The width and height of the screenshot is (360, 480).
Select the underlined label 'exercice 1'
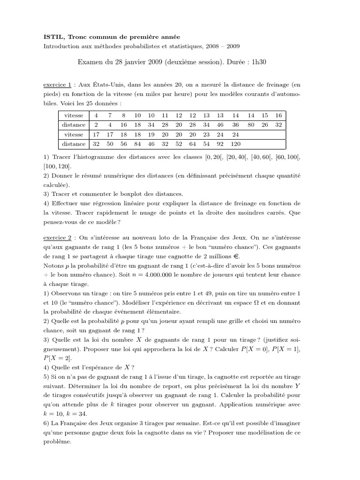click(57, 85)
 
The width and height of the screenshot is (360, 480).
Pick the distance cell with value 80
click(251, 125)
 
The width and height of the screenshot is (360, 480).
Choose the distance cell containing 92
click(220, 144)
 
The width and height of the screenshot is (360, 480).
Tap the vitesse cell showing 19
click(151, 135)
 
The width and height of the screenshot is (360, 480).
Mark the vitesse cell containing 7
click(110, 115)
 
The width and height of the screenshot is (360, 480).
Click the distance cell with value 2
click(96, 125)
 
